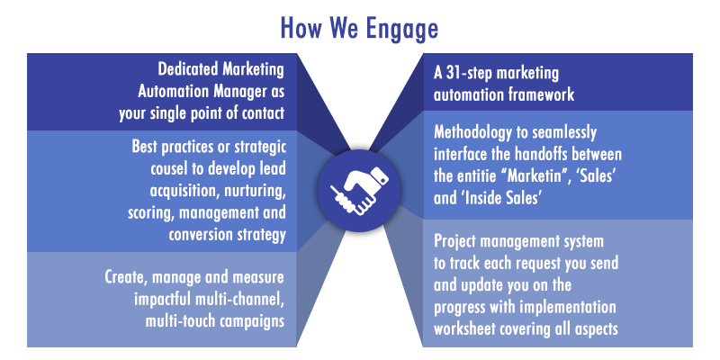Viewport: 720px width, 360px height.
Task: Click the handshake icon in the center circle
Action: (x=359, y=191)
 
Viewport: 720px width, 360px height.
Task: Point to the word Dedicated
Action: (x=187, y=69)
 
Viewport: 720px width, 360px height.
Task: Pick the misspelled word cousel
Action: (x=168, y=168)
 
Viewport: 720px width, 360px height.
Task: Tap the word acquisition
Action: (x=183, y=191)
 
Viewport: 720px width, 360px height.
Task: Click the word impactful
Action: (x=162, y=300)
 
